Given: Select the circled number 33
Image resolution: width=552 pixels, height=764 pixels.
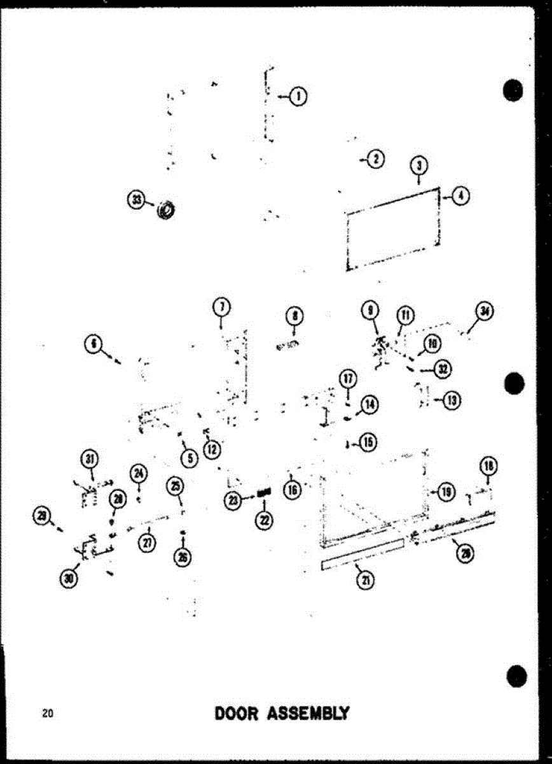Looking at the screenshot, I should tap(135, 201).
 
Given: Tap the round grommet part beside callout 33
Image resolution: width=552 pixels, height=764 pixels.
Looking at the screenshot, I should tap(167, 208).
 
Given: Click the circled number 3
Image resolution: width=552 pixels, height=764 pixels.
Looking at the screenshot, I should tap(419, 166).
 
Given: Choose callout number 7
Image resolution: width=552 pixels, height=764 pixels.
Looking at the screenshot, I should tap(221, 307).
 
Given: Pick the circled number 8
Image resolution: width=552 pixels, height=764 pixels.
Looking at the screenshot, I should tap(294, 316).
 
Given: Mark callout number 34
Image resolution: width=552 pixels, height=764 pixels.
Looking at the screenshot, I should tap(485, 312).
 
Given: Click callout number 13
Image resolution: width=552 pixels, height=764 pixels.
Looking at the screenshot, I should tap(452, 400).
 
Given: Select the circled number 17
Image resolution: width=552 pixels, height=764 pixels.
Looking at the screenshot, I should tap(348, 380).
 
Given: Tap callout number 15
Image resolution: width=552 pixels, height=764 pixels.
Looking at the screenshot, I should tap(368, 442).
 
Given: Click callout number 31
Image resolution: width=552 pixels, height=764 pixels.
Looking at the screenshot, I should tap(90, 458).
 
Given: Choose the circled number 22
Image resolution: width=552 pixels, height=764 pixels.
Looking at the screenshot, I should tap(263, 520).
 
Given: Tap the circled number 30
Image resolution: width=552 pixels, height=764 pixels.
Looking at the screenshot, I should tap(68, 578).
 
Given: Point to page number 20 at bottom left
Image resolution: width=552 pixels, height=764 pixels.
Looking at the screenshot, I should tap(47, 713).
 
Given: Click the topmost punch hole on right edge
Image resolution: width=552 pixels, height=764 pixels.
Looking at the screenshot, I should tap(513, 90).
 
